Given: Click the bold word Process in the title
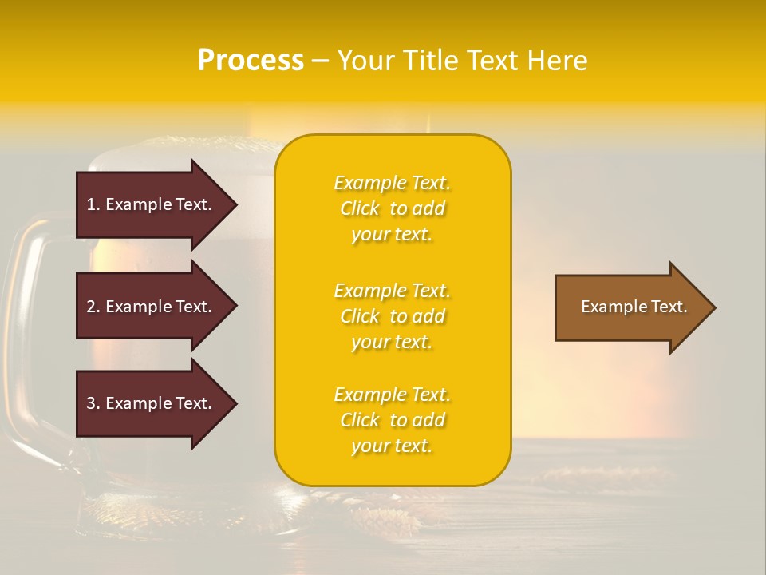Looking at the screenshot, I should point(251,61).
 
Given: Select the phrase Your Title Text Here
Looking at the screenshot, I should point(462,61).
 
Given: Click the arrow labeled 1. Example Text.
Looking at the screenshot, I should point(149,204).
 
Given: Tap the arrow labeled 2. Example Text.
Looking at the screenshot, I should point(149,307).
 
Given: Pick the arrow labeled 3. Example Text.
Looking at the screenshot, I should point(149,403).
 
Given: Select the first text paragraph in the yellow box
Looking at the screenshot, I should point(392,208).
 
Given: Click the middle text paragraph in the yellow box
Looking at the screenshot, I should point(392,316).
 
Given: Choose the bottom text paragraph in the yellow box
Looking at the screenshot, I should point(392,420).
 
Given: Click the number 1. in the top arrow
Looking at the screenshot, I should point(93,204).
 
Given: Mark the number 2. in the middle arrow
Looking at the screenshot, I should point(93,307).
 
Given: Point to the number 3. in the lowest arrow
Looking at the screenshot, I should point(93,403).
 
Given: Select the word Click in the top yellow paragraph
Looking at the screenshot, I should point(360,208).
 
